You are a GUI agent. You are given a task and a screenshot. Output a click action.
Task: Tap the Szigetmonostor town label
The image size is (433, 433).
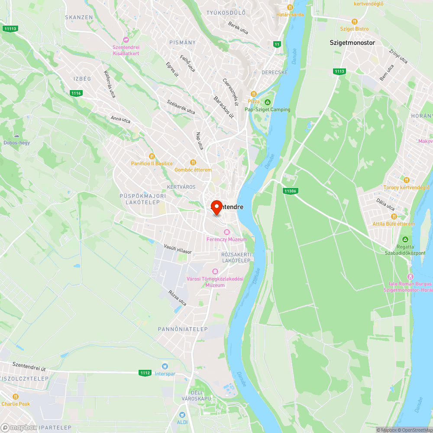pyautogui.click(x=352, y=42)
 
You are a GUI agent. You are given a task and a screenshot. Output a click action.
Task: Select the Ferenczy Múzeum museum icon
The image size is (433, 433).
pyautogui.click(x=226, y=233)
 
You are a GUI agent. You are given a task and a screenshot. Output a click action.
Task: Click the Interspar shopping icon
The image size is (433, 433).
pyautogui.click(x=165, y=367)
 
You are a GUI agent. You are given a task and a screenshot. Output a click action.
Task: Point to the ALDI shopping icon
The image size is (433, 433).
pyautogui.click(x=182, y=415)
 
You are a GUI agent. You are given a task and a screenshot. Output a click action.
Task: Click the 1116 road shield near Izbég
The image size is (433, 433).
pyautogui.click(x=76, y=93)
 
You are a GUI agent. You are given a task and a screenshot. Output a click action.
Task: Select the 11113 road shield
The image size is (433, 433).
pyautogui.click(x=10, y=29)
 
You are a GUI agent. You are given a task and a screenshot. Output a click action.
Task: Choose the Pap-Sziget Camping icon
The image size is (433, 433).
pyautogui.click(x=268, y=103)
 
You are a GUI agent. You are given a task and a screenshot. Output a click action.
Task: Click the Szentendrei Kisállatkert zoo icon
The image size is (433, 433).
pyautogui.click(x=126, y=40)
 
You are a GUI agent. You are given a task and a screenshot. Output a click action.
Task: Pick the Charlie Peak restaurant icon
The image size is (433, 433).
pyautogui.click(x=16, y=397)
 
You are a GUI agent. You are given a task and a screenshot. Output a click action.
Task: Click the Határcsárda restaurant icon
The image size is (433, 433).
pyautogui.click(x=290, y=7)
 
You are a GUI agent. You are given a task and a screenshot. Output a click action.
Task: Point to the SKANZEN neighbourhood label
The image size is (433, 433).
pyautogui.click(x=79, y=17)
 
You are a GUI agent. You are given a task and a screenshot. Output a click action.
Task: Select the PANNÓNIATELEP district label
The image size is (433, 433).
pyautogui.click(x=183, y=329)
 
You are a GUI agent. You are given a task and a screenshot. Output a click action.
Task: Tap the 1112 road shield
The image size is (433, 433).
pyautogui.click(x=145, y=373)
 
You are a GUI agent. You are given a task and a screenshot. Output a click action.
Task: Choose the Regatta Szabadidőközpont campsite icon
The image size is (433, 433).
pyautogui.click(x=405, y=239)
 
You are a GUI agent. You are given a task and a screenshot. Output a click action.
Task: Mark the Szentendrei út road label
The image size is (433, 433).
pyautogui.click(x=29, y=367)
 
